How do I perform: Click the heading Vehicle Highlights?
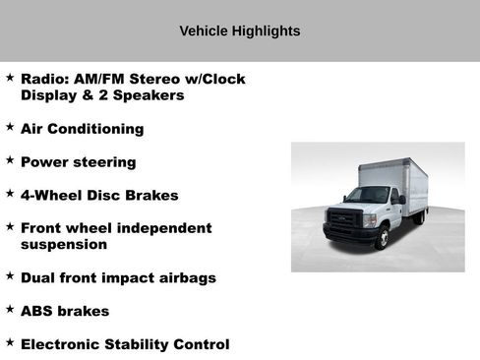click(239, 31)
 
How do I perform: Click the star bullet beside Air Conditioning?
click(10, 128)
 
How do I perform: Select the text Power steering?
click(78, 162)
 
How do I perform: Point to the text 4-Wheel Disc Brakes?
click(99, 196)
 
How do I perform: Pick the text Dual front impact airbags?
click(118, 278)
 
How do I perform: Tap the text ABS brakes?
click(65, 311)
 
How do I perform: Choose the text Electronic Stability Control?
click(125, 344)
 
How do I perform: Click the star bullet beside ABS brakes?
click(10, 310)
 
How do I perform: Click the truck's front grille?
click(344, 218)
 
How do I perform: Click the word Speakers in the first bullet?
click(151, 95)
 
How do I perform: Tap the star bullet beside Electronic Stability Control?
click(10, 343)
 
